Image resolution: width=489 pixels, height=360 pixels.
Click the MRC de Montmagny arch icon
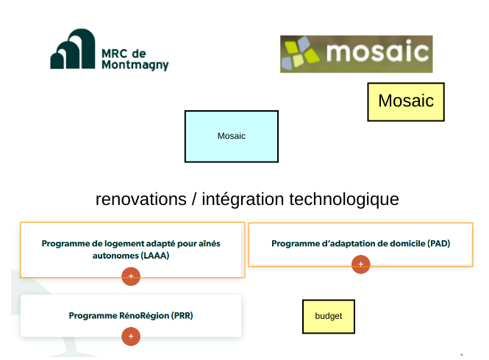[73, 49]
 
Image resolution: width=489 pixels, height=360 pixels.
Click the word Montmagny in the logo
[135, 65]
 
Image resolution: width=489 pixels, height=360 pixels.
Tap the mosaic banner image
[356, 54]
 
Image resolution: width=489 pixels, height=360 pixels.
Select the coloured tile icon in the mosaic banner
[300, 53]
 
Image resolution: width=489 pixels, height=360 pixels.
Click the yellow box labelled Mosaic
[406, 101]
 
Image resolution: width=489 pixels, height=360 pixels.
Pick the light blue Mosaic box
[232, 136]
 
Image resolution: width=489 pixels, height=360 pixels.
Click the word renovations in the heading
[141, 199]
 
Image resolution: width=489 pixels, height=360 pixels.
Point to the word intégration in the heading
[243, 200]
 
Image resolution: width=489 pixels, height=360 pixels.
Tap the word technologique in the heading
[344, 200]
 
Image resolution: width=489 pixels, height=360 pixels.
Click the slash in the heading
[194, 199]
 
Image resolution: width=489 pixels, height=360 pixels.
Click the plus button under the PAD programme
[361, 264]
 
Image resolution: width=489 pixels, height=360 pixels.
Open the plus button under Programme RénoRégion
[131, 336]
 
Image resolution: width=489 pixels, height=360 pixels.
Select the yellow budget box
[329, 317]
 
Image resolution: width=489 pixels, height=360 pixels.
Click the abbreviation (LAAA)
[155, 256]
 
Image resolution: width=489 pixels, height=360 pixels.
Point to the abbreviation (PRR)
[182, 315]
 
